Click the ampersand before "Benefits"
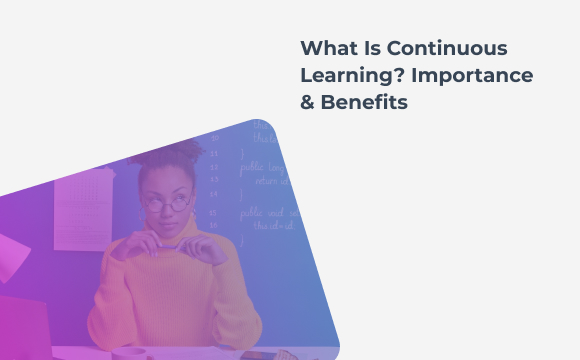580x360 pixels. [x=308, y=104]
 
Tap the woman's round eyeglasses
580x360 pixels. [x=168, y=203]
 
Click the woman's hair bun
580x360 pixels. [x=180, y=152]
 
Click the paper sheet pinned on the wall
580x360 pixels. [x=83, y=210]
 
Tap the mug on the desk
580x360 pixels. [x=130, y=353]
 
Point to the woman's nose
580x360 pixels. [x=167, y=212]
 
